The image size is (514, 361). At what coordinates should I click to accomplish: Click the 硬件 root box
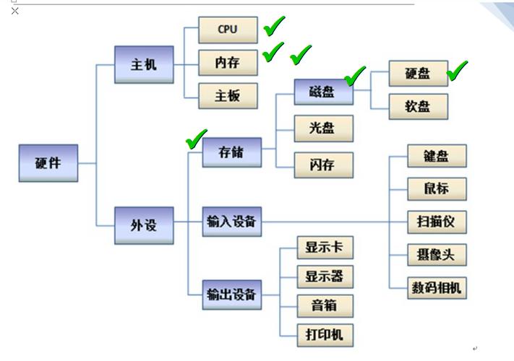coord(48,163)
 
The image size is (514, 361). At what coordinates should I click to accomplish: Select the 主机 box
coord(144,64)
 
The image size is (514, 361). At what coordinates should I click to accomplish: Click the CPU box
coord(227,30)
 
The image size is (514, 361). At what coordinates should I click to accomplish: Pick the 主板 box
coord(227,95)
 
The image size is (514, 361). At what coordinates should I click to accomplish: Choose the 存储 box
coord(231,153)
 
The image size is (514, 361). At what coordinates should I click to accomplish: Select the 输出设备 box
coord(231,294)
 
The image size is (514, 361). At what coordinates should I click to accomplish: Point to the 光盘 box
coord(324,129)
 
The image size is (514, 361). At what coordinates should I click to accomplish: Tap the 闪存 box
coord(324,165)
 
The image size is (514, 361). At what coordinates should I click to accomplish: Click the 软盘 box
coord(418,107)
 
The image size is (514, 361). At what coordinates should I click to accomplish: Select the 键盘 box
coord(437,156)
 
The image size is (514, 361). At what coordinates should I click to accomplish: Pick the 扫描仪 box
coord(437,221)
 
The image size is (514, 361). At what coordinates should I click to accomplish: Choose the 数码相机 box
coord(437,287)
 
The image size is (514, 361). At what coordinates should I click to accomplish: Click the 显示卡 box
coord(325,248)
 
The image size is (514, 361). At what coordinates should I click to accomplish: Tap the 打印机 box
coord(325,334)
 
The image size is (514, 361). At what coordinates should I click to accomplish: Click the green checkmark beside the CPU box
coord(275,27)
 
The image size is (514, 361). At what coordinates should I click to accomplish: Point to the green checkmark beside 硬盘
coord(458,70)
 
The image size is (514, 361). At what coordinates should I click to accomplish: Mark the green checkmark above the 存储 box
coord(196,139)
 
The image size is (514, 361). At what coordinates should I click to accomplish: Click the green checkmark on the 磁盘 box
coord(355,74)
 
